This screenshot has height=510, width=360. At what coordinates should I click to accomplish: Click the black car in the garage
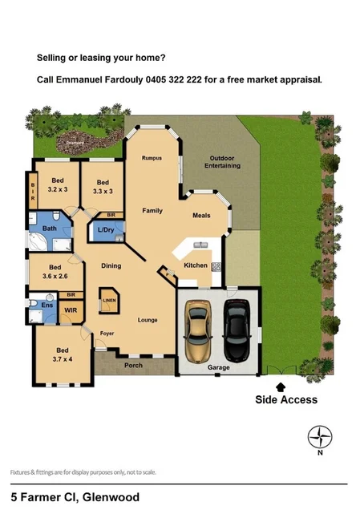coord(237,331)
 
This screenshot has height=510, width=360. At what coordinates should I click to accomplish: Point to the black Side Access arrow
coord(280,387)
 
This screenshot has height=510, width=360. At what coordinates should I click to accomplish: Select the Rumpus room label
coord(152,158)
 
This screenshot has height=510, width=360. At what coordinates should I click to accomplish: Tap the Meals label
coord(201,216)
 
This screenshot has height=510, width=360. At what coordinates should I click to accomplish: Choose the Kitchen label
coord(196,265)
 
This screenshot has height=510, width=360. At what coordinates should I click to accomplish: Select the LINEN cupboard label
coord(107,301)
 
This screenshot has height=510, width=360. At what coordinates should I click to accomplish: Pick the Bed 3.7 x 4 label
coord(62,354)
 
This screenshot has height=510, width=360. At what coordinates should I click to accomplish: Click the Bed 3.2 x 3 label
coord(58,186)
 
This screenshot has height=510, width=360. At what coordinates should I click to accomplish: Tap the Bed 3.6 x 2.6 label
coord(55,272)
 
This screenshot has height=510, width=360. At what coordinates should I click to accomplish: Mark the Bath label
coord(50,229)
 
